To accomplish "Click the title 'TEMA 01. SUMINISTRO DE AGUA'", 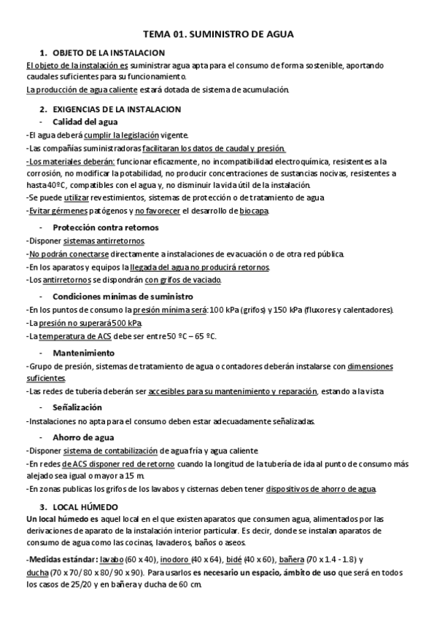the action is click(x=218, y=34).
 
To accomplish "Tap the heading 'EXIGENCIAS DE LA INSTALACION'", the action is click(x=117, y=109).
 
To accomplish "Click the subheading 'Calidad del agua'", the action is click(x=85, y=122).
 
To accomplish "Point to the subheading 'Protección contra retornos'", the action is click(x=105, y=227).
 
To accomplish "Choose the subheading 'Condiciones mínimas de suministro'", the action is click(x=122, y=297).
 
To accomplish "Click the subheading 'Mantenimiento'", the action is click(x=83, y=353).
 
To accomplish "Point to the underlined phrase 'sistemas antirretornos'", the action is click(x=104, y=240).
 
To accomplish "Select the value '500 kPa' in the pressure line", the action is click(x=127, y=323).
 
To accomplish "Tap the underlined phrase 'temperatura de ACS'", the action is click(x=72, y=336).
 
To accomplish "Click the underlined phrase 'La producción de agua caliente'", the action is click(x=78, y=90).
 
